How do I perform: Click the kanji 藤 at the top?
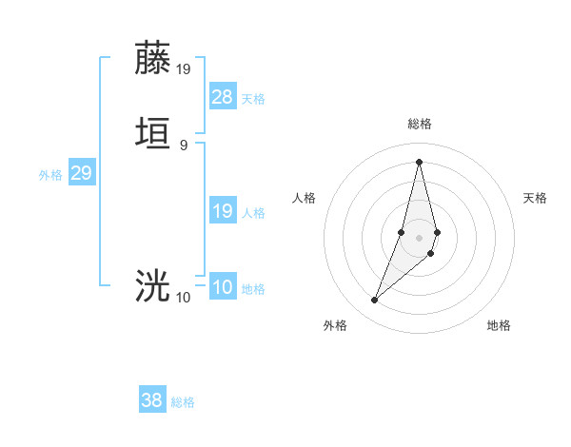(153, 59)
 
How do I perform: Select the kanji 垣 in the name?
(153, 134)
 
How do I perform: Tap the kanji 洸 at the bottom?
(153, 286)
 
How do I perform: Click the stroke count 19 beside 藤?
(184, 68)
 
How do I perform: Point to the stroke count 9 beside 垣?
(184, 145)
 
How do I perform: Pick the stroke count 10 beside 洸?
(184, 298)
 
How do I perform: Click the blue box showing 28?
(222, 97)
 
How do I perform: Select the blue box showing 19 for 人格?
(222, 211)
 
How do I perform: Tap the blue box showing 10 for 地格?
(222, 287)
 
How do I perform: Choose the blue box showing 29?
(81, 173)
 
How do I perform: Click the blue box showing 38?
(152, 400)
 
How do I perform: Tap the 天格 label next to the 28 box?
(253, 99)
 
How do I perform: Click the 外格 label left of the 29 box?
(50, 175)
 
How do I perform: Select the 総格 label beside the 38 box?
(183, 402)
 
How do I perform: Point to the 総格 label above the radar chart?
(419, 125)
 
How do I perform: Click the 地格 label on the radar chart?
(499, 326)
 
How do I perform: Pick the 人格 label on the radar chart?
(305, 198)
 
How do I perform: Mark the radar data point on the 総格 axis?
(419, 161)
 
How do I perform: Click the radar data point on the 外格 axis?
(374, 301)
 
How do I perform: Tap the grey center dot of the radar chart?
(419, 236)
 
